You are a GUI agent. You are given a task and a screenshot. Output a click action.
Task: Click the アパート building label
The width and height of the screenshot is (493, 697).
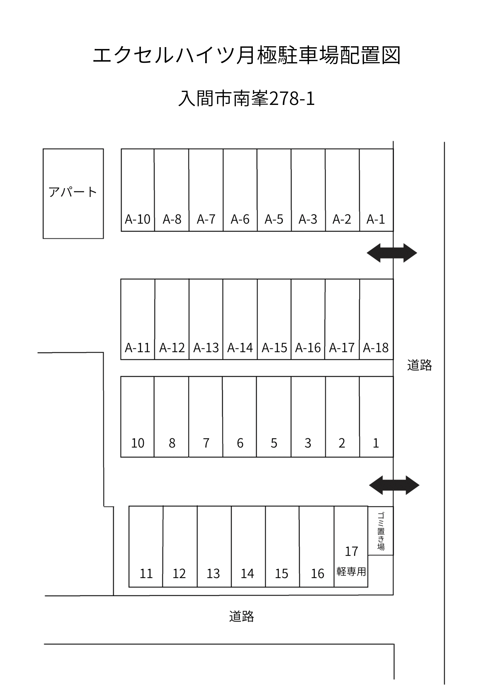[x=73, y=192]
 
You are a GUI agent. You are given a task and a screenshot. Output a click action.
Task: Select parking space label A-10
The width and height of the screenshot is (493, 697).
[x=138, y=219]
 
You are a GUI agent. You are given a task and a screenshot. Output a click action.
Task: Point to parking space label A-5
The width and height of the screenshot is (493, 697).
[x=274, y=219]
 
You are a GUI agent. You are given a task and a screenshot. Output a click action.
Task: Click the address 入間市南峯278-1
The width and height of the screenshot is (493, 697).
[x=246, y=99]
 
